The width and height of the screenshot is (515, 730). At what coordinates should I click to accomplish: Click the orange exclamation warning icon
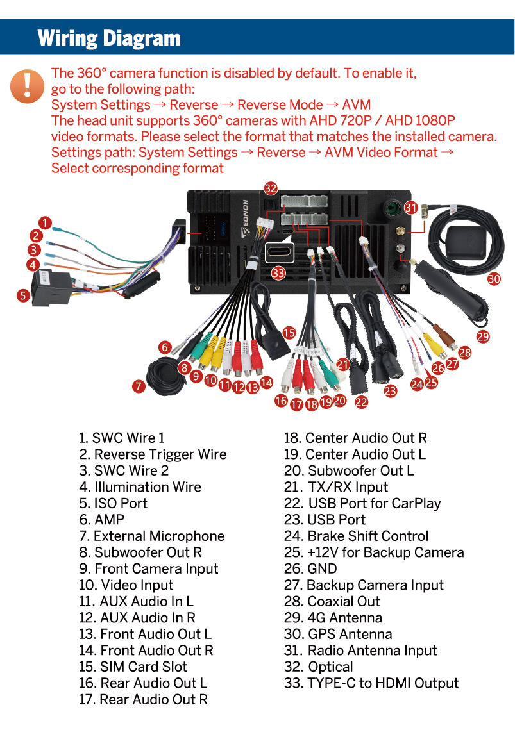point(27,86)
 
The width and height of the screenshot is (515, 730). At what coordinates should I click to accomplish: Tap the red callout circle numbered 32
point(270,188)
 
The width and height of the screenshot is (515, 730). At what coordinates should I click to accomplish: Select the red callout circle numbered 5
point(23,295)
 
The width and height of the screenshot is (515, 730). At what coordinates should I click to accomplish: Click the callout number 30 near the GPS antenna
point(494,279)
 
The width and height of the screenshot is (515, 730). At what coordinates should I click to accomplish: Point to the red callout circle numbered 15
point(289,333)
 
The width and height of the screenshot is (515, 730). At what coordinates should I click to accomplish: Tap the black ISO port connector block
point(51,288)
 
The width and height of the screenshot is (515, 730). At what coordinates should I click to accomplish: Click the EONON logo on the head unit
point(246,219)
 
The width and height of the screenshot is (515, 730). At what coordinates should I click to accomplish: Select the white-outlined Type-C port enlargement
point(280,253)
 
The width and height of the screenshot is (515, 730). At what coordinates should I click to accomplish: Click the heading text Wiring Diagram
point(109,38)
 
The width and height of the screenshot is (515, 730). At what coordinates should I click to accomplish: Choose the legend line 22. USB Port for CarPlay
point(362,503)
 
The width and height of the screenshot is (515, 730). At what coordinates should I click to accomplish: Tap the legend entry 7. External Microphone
point(151,536)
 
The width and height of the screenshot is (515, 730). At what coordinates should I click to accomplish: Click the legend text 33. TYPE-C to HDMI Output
point(371,683)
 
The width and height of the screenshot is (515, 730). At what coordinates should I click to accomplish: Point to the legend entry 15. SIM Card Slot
point(133,667)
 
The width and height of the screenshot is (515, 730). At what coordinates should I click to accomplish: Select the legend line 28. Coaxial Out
point(332,602)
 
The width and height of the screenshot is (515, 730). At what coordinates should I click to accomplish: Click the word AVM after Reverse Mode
point(357,104)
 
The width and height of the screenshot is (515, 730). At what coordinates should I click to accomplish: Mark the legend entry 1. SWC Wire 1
point(122,438)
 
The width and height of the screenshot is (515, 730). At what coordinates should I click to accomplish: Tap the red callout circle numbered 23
point(391,390)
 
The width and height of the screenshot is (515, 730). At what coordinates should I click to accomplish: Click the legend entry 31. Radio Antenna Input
point(360,651)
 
